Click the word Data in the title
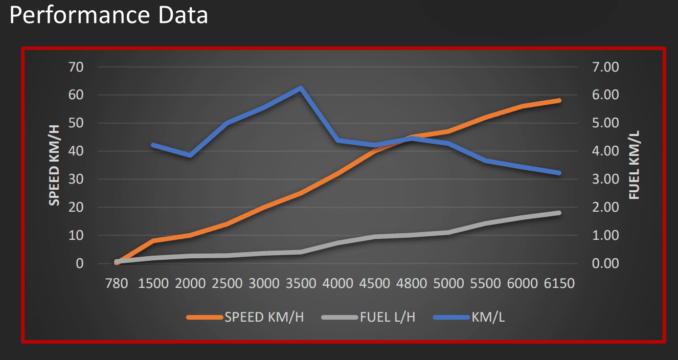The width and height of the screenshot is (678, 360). (180, 15)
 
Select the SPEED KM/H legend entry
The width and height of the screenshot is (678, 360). (264, 317)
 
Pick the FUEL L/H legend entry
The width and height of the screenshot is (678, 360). (387, 317)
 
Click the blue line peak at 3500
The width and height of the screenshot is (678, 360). (301, 88)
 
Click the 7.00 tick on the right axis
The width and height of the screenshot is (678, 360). (604, 67)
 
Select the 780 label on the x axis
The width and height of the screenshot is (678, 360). (116, 283)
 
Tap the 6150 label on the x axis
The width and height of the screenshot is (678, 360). (559, 283)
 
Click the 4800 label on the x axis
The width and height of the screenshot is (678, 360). (412, 283)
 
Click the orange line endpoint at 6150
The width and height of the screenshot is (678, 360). (559, 101)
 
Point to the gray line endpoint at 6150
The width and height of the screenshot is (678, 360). (559, 213)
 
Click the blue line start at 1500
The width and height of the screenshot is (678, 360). (153, 145)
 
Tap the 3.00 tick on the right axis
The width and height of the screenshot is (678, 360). (604, 179)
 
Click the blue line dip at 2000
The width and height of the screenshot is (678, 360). (190, 155)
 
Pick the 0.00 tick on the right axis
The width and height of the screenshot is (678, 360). (604, 264)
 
